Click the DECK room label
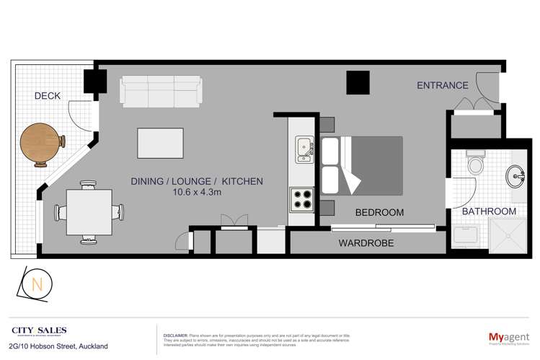(x=47, y=96)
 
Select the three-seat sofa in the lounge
(x=161, y=92)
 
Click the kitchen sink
(x=302, y=148)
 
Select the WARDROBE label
(x=366, y=243)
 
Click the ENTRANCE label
(x=443, y=86)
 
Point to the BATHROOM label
(x=490, y=211)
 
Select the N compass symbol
(x=36, y=284)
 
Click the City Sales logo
(x=39, y=331)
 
